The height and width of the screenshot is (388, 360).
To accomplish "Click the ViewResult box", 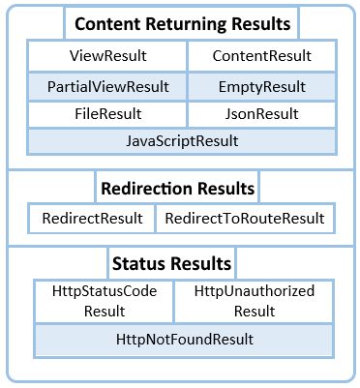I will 106,57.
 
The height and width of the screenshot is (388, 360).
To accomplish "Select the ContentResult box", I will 261,57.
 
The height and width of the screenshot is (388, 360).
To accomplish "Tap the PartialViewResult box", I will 106,86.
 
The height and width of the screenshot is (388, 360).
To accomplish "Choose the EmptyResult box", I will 261,86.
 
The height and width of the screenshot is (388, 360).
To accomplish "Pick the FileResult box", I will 106,114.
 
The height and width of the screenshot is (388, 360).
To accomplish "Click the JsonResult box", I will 261,114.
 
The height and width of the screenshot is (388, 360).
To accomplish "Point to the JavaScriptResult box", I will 182,141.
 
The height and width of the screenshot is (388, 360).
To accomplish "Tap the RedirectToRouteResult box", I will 245,219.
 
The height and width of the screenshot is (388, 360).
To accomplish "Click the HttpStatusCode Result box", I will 104,300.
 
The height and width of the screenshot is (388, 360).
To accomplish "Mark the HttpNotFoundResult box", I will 182,339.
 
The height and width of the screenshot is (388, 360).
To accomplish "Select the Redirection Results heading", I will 178,188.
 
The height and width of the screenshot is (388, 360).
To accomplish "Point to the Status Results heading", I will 171,263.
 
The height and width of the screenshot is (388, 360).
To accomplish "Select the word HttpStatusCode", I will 104,290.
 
